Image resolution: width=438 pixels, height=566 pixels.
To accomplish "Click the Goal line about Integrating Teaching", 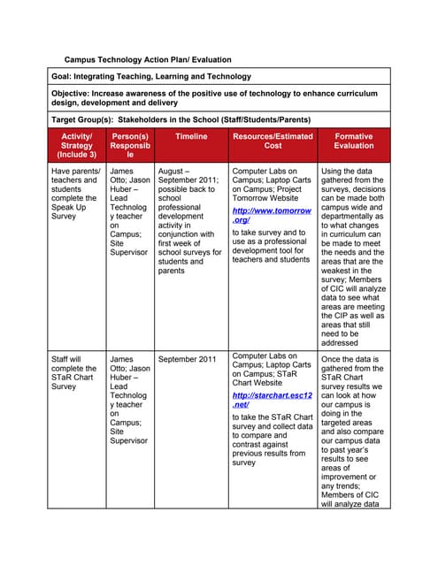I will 151,77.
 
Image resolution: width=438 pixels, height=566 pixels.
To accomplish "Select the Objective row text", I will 213,98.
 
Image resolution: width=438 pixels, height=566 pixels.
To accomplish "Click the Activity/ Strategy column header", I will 76,145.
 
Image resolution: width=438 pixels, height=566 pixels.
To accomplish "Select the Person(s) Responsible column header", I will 130,145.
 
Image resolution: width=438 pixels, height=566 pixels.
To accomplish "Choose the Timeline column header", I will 190,137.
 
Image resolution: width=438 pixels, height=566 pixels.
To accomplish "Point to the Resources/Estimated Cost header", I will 273,141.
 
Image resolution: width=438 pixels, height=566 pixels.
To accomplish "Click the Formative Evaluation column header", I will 353,141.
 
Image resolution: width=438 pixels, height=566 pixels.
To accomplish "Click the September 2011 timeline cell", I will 186,360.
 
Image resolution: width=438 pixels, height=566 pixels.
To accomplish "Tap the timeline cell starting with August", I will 189,220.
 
